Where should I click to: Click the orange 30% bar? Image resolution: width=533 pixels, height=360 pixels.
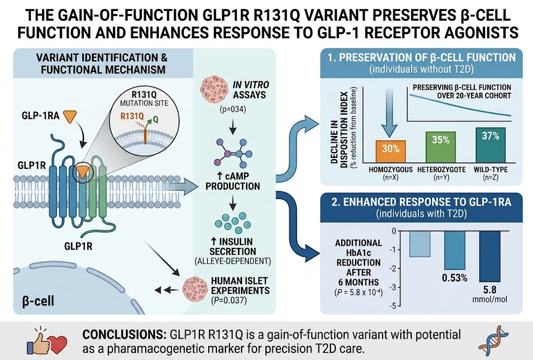coord(390,152)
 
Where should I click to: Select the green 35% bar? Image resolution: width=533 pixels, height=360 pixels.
coord(440,147)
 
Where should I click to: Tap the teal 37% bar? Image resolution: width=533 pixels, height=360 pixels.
coord(490,145)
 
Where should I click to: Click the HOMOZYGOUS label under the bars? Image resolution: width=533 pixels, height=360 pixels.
coord(390,169)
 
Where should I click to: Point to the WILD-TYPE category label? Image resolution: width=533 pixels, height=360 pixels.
coord(490,169)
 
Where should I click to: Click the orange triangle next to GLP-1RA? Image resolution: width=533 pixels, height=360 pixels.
coord(70,116)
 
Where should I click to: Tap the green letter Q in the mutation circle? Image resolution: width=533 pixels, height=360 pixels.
coord(155,119)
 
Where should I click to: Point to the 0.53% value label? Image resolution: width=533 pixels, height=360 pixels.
coord(454,278)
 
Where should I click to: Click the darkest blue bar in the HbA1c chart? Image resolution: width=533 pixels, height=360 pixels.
coord(490,256)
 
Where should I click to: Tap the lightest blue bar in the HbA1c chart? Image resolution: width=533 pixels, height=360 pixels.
coord(420,244)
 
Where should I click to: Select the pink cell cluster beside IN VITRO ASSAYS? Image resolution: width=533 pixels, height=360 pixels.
coord(213,88)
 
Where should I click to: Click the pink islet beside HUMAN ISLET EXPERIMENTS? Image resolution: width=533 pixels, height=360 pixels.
coord(195,289)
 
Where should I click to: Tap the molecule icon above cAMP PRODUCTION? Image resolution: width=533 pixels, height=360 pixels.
coord(233,153)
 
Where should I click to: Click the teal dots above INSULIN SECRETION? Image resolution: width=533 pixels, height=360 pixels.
coord(233,222)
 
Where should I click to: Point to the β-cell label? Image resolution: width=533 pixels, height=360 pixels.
coord(37,301)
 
